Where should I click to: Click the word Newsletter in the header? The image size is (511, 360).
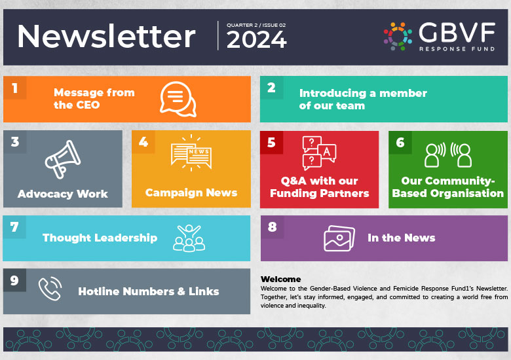pyautogui.click(x=106, y=37)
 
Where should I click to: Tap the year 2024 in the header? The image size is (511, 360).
pyautogui.click(x=256, y=41)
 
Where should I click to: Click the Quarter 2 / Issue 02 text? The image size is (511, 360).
pyautogui.click(x=256, y=25)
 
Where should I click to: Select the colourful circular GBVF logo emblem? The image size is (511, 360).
pyautogui.click(x=398, y=36)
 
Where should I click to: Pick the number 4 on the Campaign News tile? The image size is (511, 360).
pyautogui.click(x=143, y=142)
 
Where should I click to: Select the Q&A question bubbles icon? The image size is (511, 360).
pyautogui.click(x=318, y=153)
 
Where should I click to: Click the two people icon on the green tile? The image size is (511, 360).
pyautogui.click(x=448, y=155)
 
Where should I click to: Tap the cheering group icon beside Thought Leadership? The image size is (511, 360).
pyautogui.click(x=189, y=238)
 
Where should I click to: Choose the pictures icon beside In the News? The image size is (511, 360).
pyautogui.click(x=339, y=238)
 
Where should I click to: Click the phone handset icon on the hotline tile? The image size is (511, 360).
pyautogui.click(x=49, y=289)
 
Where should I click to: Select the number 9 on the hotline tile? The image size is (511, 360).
pyautogui.click(x=14, y=280)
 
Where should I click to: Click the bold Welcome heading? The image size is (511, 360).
pyautogui.click(x=280, y=279)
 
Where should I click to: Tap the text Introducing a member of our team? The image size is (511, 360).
pyautogui.click(x=363, y=99)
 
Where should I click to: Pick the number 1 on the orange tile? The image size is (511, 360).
pyautogui.click(x=14, y=88)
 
